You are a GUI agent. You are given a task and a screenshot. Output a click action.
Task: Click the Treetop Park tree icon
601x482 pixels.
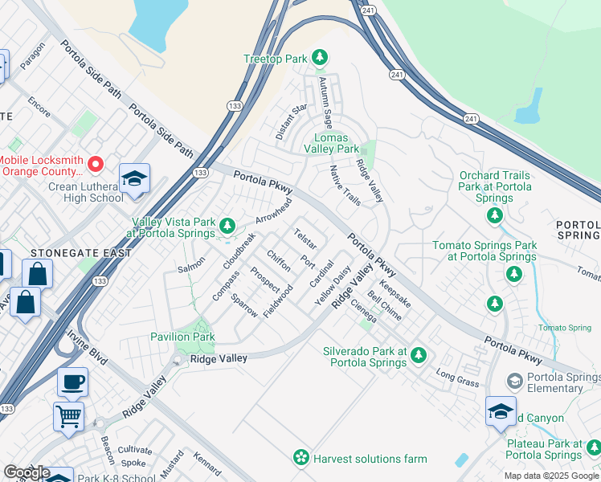pos(321,58)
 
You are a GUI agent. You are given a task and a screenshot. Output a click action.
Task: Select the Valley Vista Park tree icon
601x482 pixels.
pos(227,224)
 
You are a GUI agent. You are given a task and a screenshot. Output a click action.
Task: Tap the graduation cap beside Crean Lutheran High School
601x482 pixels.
pos(134,178)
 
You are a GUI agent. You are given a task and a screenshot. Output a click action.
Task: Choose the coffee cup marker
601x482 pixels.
pos(72,382)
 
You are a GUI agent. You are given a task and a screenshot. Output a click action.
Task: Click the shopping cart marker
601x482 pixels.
pos(68,415)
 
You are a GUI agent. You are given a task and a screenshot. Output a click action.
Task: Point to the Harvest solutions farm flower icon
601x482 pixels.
pos(300,458)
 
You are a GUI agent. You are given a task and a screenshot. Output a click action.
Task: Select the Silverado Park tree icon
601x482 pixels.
pos(419,355)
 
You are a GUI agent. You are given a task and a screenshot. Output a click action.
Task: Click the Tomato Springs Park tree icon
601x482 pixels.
pos(513,274)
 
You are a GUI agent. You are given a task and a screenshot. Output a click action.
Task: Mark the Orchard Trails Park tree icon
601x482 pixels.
pos(494,215)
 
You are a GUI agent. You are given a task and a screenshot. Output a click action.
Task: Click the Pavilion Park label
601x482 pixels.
pos(182,337)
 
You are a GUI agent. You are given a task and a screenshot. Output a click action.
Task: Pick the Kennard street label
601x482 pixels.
pos(206,464)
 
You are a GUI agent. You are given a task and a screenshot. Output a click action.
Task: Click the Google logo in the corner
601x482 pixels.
pos(27,472)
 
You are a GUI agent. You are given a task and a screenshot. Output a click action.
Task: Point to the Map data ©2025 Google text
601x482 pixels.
pos(550,475)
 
